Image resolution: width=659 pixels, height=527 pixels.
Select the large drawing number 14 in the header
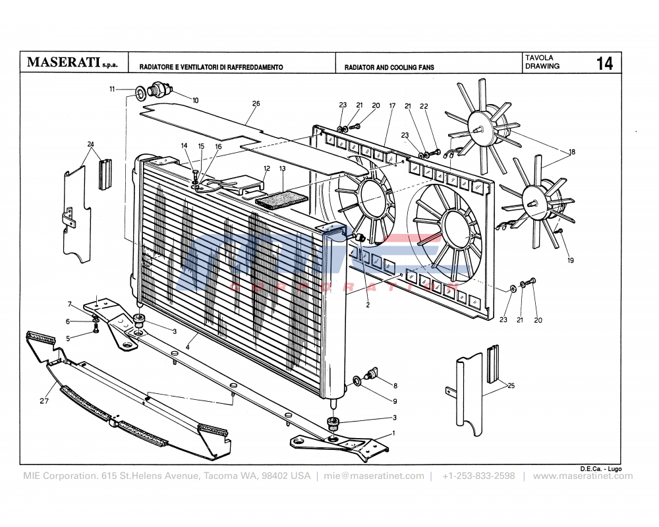pyautogui.click(x=604, y=63)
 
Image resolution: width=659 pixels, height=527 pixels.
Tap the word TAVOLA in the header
pyautogui.click(x=539, y=58)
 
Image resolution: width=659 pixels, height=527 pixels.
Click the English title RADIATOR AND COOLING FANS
pyautogui.click(x=389, y=67)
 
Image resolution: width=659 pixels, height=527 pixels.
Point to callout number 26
pyautogui.click(x=256, y=103)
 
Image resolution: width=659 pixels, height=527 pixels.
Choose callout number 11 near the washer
pyautogui.click(x=112, y=89)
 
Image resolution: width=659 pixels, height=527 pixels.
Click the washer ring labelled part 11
pyautogui.click(x=141, y=91)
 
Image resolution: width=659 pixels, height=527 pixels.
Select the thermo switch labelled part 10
pyautogui.click(x=160, y=90)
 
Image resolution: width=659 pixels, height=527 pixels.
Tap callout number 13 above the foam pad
pyautogui.click(x=282, y=169)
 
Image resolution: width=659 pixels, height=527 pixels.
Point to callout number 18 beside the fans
pyautogui.click(x=572, y=152)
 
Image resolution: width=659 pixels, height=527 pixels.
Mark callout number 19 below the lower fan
pyautogui.click(x=571, y=261)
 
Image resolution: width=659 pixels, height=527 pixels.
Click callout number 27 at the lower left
pyautogui.click(x=44, y=400)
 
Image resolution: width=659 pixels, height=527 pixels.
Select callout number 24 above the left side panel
pyautogui.click(x=91, y=144)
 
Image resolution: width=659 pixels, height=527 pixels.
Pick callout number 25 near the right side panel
pyautogui.click(x=511, y=387)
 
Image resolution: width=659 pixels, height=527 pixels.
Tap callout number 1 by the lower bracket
pyautogui.click(x=393, y=433)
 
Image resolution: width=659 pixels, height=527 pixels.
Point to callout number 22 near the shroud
pyautogui.click(x=424, y=106)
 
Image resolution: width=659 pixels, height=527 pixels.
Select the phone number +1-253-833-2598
pyautogui.click(x=478, y=476)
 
